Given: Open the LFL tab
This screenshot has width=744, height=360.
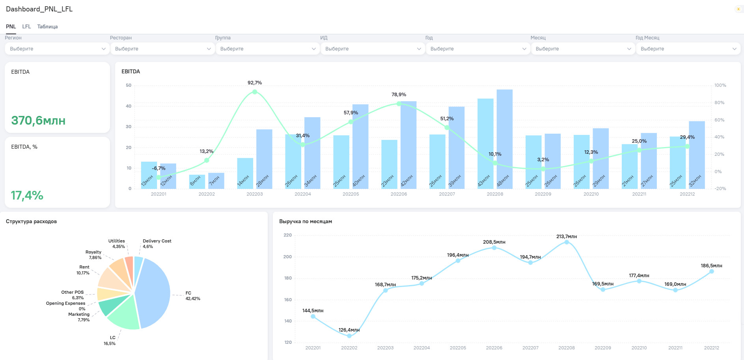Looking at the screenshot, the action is [x=26, y=26].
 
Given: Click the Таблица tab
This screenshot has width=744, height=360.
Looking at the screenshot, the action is [x=47, y=26].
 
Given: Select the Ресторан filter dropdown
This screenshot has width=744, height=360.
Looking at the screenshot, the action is [x=162, y=49].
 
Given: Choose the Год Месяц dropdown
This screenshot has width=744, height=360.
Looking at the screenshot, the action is [x=688, y=49].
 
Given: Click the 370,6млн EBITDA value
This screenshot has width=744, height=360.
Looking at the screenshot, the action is [x=38, y=120].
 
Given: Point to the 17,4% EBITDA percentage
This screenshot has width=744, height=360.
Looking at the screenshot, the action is [x=27, y=195].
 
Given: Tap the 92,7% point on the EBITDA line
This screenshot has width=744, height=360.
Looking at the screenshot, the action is [x=255, y=92].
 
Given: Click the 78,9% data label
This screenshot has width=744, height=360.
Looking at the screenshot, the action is [x=399, y=95].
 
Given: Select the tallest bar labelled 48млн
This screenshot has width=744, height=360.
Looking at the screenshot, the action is [x=505, y=139].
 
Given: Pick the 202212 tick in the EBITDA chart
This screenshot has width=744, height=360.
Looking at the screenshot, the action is [x=687, y=194].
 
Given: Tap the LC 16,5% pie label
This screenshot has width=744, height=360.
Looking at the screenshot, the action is [x=110, y=341].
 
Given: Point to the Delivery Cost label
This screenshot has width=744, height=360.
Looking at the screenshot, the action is [x=157, y=241].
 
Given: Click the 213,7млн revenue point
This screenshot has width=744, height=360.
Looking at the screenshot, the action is [x=567, y=242].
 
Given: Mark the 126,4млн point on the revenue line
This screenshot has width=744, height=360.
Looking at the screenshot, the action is [x=349, y=336].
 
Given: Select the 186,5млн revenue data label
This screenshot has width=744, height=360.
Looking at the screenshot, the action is [x=711, y=266].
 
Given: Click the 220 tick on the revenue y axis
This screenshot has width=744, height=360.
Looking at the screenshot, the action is [x=288, y=235].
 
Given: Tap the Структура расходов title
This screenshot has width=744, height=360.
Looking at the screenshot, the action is [x=31, y=222].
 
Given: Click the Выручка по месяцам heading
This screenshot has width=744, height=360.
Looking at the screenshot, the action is [x=306, y=222].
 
